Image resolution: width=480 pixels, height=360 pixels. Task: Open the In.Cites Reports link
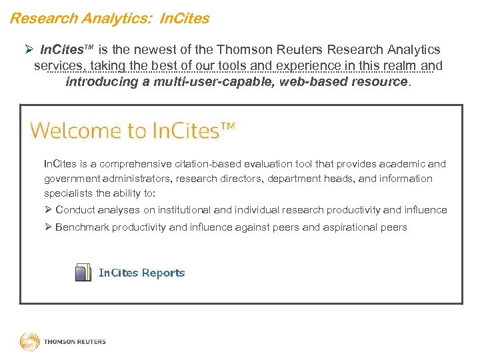click(141, 273)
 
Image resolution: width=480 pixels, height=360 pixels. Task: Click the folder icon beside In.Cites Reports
click(83, 273)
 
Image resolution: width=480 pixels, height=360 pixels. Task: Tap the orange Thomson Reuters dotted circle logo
click(29, 342)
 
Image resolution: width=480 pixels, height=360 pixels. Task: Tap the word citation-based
click(211, 164)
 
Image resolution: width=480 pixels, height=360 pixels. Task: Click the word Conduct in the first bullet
click(75, 210)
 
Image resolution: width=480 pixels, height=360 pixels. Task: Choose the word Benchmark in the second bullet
click(82, 227)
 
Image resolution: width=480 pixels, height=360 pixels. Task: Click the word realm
click(396, 65)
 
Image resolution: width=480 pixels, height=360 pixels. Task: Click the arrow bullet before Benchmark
click(48, 227)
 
